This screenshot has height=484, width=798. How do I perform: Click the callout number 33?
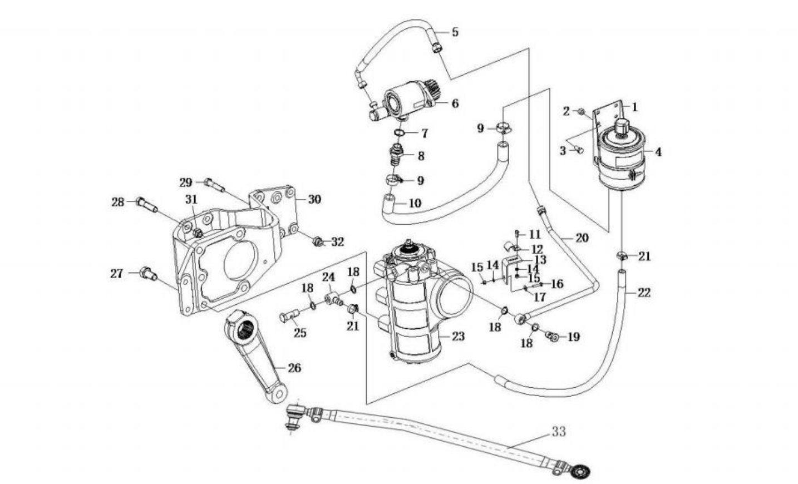(x=559, y=432)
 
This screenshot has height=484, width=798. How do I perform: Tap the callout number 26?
(x=294, y=368)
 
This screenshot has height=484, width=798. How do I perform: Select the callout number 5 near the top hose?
(x=455, y=32)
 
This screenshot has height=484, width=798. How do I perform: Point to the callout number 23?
(x=458, y=336)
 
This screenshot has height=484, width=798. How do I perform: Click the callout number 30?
(x=314, y=199)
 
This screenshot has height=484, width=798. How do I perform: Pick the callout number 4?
(x=658, y=152)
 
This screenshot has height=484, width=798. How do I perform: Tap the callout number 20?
(x=582, y=238)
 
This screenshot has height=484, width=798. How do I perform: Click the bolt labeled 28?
(x=146, y=205)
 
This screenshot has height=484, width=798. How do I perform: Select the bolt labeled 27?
(x=149, y=274)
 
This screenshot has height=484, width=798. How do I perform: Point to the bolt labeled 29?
(x=214, y=186)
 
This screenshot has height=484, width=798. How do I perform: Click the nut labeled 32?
(x=318, y=242)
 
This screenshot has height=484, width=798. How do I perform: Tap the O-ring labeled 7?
(x=400, y=133)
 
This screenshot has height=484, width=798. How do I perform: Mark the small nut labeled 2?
(x=581, y=112)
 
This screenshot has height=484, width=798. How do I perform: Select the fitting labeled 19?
(x=552, y=335)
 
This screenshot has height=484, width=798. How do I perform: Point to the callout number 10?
(x=415, y=204)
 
